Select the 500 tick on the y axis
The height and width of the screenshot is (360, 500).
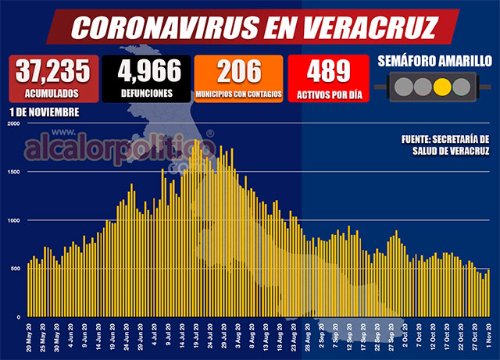[x=14, y=269]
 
